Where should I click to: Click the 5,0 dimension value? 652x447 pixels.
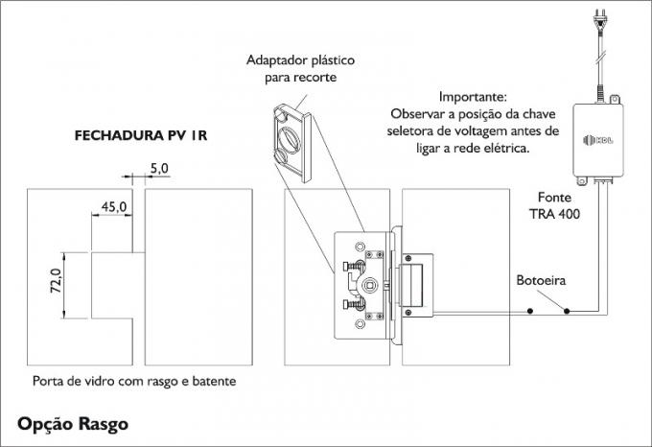pos(159,168)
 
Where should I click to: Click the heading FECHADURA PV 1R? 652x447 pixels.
pos(141,136)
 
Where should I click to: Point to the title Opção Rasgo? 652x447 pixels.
pos(71,422)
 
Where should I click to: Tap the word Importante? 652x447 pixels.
pos(472,98)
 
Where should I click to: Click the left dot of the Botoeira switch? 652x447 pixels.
pos(529,312)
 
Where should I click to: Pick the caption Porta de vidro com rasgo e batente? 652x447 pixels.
pos(134,381)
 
